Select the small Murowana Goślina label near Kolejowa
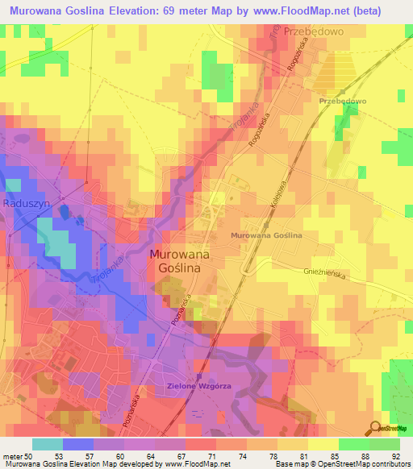(x=265, y=235)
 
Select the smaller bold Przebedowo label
(x=343, y=101)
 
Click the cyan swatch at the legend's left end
(x=48, y=443)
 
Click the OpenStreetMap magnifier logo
(x=374, y=427)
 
